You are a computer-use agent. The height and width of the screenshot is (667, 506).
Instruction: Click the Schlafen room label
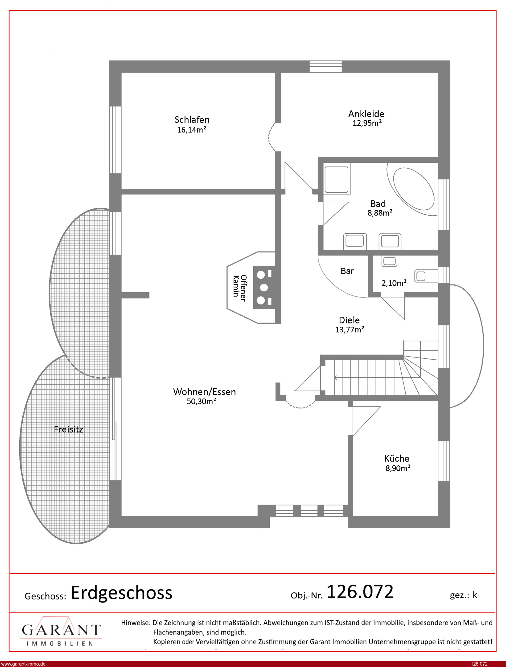(192, 119)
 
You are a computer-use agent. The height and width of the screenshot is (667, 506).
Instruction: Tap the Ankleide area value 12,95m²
(367, 123)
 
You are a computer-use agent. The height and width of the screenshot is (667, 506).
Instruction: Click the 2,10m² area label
(394, 283)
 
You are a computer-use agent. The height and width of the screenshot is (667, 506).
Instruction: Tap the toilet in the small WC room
(426, 276)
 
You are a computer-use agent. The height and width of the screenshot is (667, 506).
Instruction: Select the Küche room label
(397, 458)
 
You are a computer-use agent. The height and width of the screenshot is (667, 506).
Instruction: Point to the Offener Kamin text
(240, 288)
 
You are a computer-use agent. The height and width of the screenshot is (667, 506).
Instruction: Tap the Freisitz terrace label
(68, 429)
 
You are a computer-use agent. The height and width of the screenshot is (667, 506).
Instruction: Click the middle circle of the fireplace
(264, 288)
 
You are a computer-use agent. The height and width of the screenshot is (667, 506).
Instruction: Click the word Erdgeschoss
(121, 593)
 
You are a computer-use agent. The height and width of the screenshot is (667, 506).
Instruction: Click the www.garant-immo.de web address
(23, 664)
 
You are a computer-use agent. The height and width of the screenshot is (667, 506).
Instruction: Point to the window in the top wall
(325, 67)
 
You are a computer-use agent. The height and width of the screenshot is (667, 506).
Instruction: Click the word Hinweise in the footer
(136, 623)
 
